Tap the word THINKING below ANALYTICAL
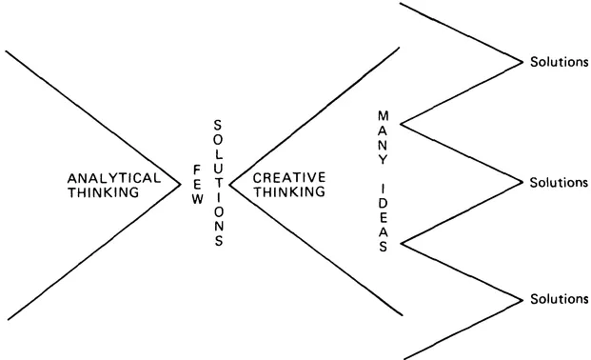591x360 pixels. click(103, 191)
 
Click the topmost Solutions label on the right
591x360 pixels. click(558, 62)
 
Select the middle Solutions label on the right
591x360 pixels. click(558, 182)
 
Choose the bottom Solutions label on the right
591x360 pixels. click(558, 299)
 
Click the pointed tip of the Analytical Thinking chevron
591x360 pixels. click(181, 184)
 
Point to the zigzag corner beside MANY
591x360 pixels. click(402, 124)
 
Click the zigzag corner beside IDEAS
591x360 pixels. click(402, 243)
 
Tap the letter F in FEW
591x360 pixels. click(197, 169)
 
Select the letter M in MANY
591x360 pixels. click(383, 116)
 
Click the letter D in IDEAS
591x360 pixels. click(383, 203)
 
